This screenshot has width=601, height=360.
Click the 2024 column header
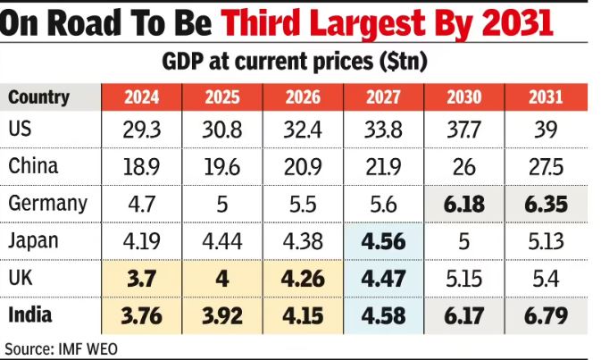pyautogui.click(x=142, y=96)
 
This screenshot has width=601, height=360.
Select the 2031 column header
pyautogui.click(x=545, y=96)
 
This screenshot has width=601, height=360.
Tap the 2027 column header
pyautogui.click(x=383, y=96)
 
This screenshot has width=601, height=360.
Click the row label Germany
pyautogui.click(x=47, y=203)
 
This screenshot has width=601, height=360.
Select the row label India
pyautogui.click(x=30, y=314)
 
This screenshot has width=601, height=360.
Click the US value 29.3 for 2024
pyautogui.click(x=142, y=130)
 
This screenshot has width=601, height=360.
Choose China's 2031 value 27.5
pyautogui.click(x=545, y=167)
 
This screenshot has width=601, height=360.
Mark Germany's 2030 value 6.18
pyautogui.click(x=463, y=205)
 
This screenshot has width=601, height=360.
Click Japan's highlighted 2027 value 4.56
pyautogui.click(x=383, y=241)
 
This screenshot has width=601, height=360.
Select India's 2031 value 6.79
pyautogui.click(x=545, y=315)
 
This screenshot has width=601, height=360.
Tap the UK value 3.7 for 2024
pyautogui.click(x=142, y=279)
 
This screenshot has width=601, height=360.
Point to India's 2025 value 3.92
pyautogui.click(x=222, y=315)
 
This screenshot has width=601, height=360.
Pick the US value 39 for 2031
pyautogui.click(x=545, y=130)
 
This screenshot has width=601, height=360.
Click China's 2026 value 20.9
pyautogui.click(x=303, y=167)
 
